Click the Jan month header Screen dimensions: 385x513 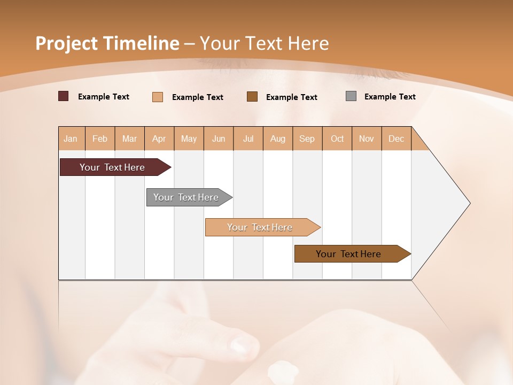click(71, 138)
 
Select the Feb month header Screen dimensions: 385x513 click(100, 138)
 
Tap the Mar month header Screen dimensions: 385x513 click(129, 138)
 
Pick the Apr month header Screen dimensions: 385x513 click(159, 138)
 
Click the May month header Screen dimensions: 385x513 click(189, 138)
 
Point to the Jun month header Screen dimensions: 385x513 click(219, 138)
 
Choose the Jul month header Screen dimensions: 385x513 click(248, 138)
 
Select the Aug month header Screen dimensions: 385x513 click(277, 138)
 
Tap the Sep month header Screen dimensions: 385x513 click(307, 138)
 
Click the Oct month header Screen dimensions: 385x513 click(337, 138)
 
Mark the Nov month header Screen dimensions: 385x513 click(367, 138)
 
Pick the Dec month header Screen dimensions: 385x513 click(396, 138)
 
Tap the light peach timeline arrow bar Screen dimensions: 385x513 click(260, 227)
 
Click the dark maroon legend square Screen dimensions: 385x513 click(63, 96)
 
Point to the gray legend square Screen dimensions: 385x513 click(351, 96)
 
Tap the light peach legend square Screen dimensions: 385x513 click(158, 97)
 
